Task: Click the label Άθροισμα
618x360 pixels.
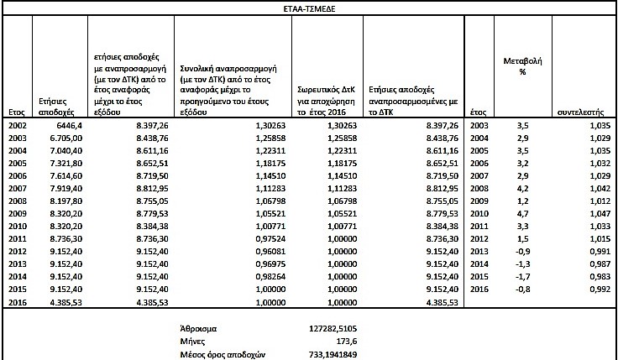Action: [x=199, y=328]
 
